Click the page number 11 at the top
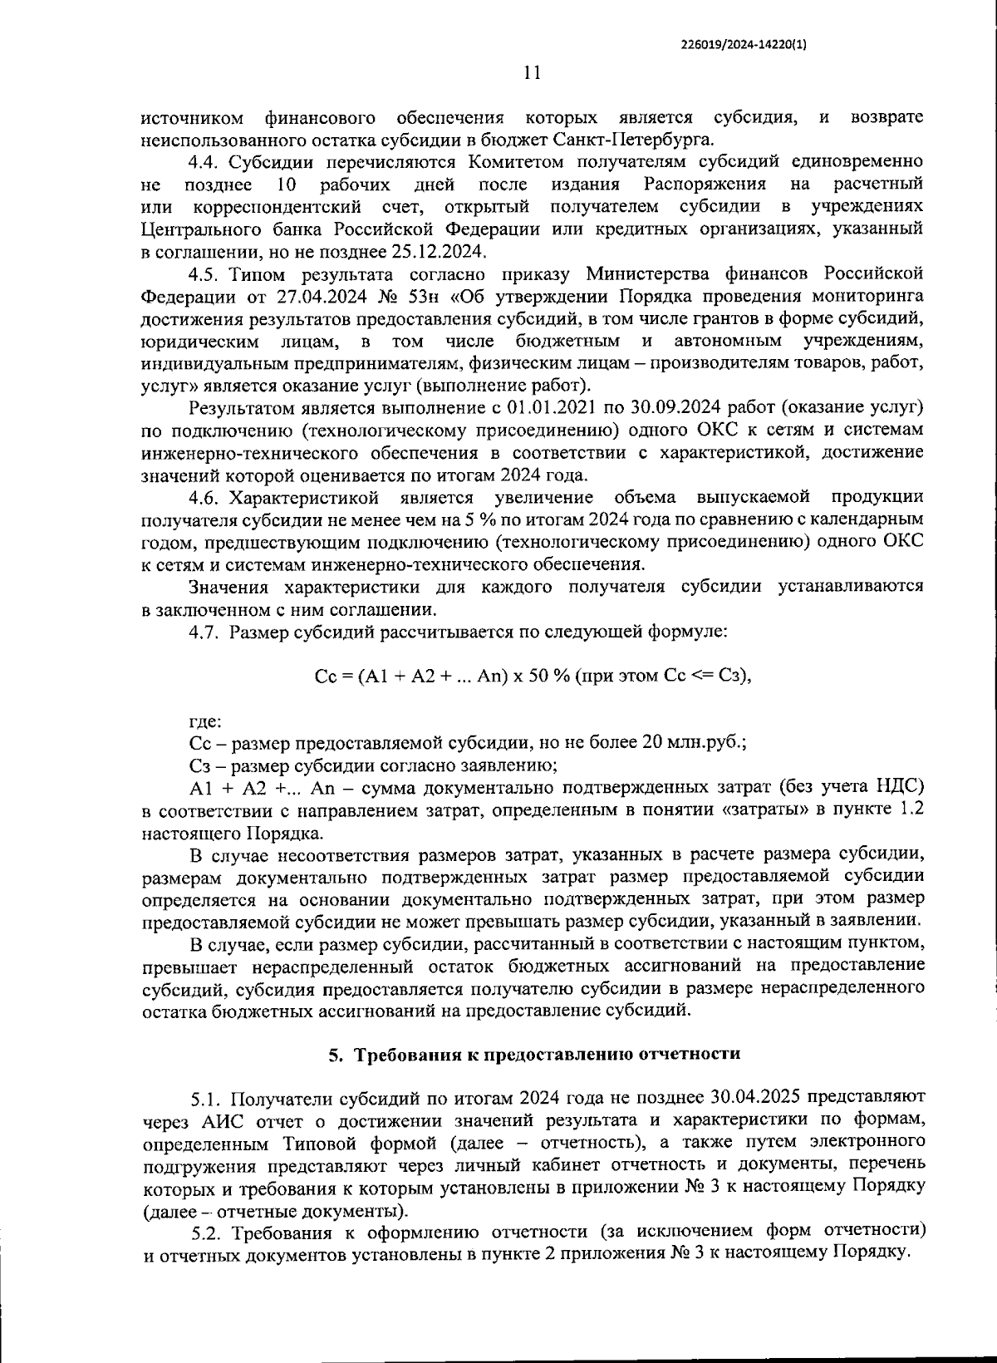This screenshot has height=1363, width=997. [533, 72]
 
